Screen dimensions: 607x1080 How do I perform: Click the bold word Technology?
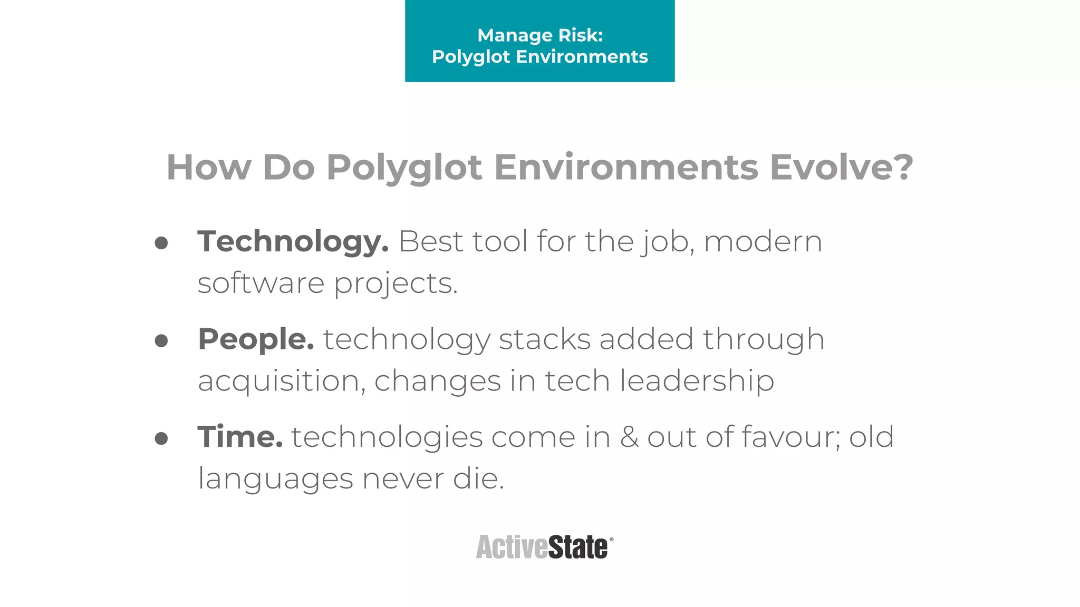[x=293, y=242]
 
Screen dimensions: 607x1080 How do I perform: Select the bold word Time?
[x=240, y=437]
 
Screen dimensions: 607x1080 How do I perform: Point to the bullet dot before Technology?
[x=161, y=243]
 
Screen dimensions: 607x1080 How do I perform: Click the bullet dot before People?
[x=161, y=340]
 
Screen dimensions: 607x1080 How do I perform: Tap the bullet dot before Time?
[x=161, y=438]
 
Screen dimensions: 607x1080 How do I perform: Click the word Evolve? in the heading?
[x=841, y=168]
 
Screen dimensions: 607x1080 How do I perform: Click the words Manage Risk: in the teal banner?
[x=540, y=35]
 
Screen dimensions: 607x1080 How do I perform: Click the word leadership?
[x=697, y=381]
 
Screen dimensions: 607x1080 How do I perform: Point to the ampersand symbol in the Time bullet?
[x=629, y=437]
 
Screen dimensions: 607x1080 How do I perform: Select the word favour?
[x=790, y=437]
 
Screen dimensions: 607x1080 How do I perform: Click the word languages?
[x=275, y=479]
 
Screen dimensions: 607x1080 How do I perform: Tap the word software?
[x=261, y=283]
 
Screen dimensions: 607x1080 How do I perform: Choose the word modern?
[x=763, y=242]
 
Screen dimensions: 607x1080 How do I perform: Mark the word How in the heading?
[x=209, y=168]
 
